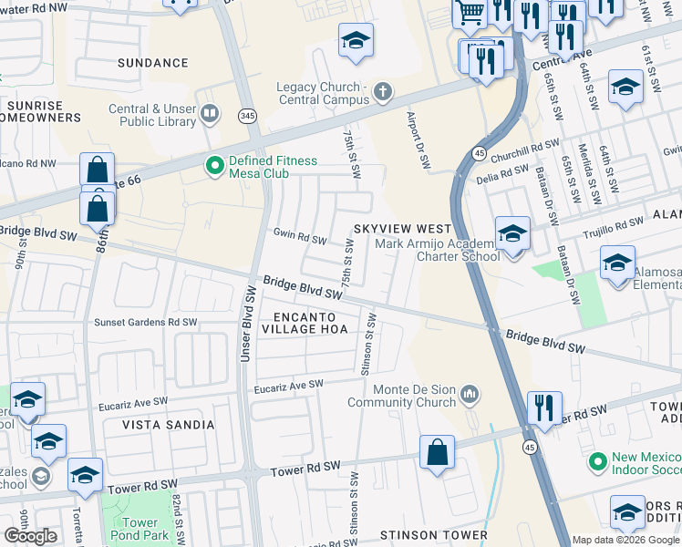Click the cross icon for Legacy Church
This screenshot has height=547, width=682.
click(x=382, y=91)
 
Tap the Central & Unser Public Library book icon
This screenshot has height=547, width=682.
click(x=211, y=113)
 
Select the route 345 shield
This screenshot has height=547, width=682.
click(x=247, y=116)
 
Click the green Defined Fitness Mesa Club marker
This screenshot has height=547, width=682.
click(x=215, y=166)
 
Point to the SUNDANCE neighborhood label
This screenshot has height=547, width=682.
click(x=153, y=63)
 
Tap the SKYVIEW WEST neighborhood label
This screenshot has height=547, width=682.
click(x=402, y=228)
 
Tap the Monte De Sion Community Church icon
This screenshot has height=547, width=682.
click(x=470, y=394)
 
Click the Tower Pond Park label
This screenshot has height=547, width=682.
click(x=141, y=530)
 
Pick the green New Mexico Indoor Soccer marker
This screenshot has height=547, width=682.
click(x=598, y=461)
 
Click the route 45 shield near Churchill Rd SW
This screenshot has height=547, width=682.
click(x=478, y=152)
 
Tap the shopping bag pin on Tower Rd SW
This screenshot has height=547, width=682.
click(x=438, y=453)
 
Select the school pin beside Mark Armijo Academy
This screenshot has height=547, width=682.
click(x=512, y=235)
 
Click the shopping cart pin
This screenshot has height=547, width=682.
click(x=470, y=13)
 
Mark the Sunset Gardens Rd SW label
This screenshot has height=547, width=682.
click(x=146, y=322)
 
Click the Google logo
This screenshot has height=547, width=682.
click(x=30, y=536)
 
